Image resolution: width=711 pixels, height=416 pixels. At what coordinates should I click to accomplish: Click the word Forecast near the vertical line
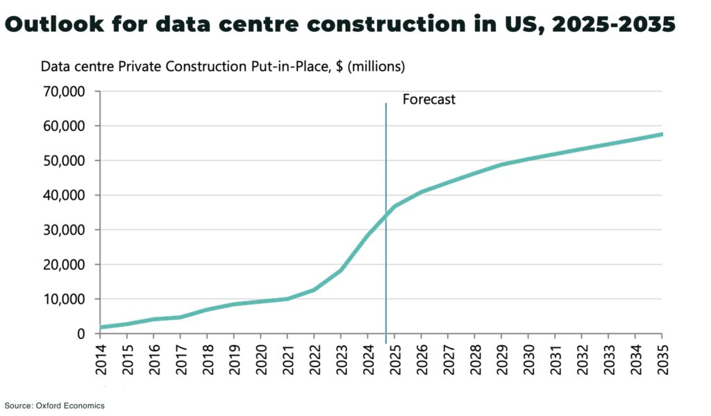pos(428,99)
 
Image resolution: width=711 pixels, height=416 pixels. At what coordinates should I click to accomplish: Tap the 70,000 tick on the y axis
pos(64,92)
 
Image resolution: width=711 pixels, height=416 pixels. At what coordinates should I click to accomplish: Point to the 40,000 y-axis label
pos(64,195)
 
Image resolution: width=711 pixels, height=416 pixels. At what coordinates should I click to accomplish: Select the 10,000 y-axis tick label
pos(64,299)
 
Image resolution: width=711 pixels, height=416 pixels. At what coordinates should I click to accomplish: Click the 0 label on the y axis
pos(81,334)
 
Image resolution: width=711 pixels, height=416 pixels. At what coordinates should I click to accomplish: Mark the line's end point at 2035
pos(661,134)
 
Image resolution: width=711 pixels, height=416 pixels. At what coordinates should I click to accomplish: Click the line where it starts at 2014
pos(101,327)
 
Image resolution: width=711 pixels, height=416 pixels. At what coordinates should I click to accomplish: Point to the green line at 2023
pos(341,270)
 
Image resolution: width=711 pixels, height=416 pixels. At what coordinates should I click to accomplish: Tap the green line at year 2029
pos(501,165)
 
